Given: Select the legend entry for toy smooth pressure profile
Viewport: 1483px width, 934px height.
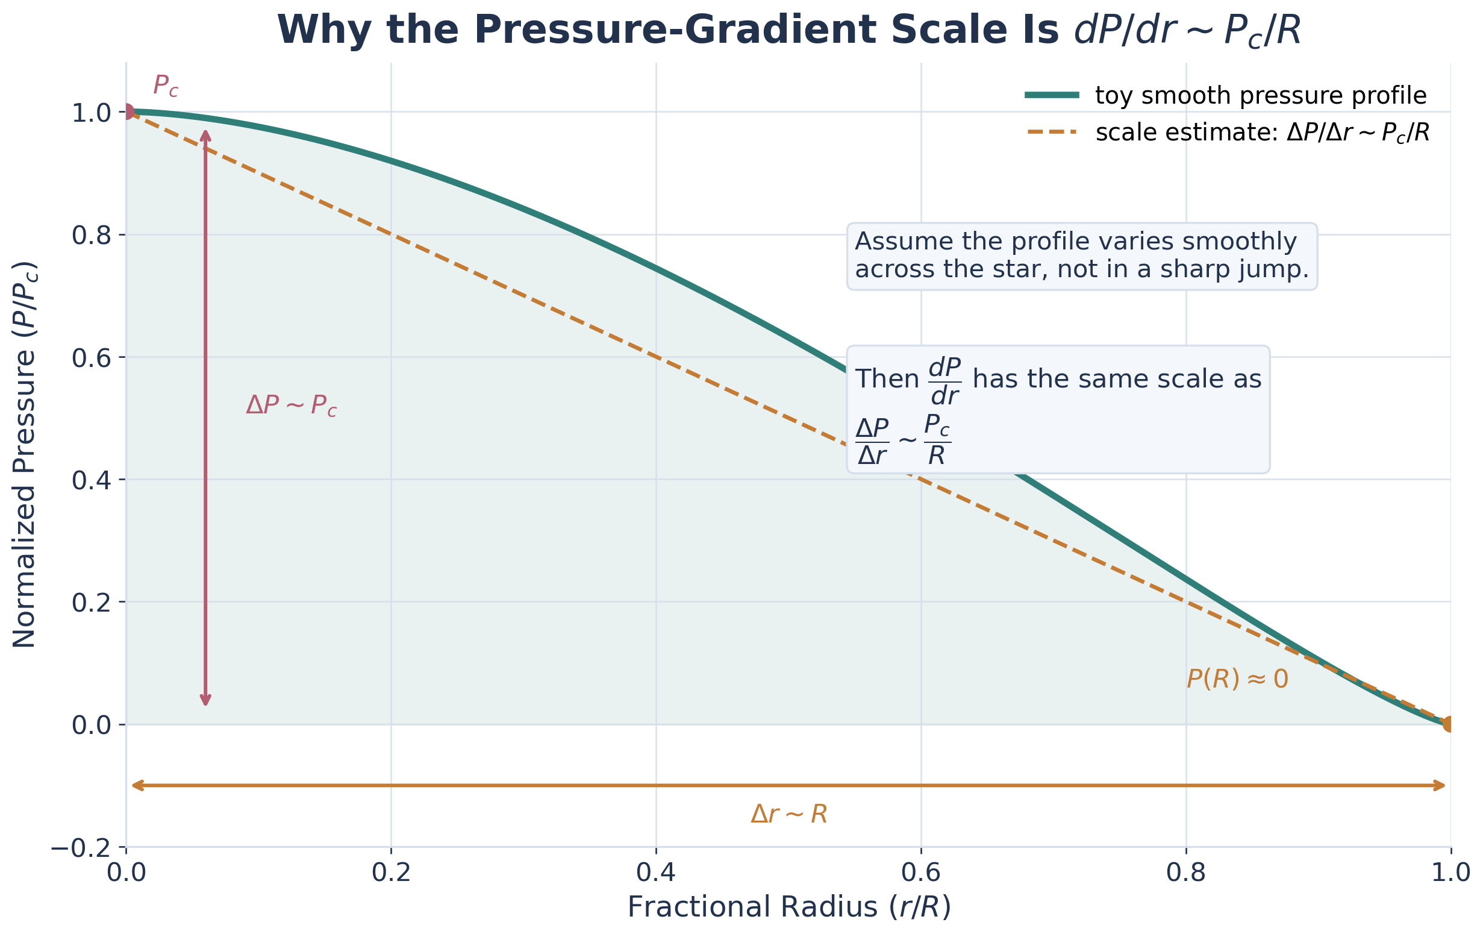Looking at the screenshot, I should tap(1260, 95).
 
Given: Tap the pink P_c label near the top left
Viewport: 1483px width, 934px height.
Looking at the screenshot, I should tap(165, 86).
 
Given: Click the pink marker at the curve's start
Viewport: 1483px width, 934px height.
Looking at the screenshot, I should tap(128, 111).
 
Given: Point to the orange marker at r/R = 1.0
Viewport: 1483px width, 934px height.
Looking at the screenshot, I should tap(1450, 724).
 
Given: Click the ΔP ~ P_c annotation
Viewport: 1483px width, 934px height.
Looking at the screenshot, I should tap(292, 406).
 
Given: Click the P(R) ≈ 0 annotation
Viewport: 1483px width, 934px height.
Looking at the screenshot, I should tap(1237, 680).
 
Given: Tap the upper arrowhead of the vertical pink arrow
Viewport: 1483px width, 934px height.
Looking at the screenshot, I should tap(207, 134).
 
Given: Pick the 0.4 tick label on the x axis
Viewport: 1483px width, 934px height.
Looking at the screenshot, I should tap(656, 873).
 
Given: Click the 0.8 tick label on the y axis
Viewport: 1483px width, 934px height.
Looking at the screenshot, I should tap(90, 236).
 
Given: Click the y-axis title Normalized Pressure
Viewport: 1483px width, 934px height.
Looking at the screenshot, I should tap(25, 455).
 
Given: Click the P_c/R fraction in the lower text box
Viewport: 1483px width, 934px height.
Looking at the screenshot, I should tap(937, 440).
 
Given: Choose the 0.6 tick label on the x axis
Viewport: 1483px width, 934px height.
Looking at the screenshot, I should tap(921, 873).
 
